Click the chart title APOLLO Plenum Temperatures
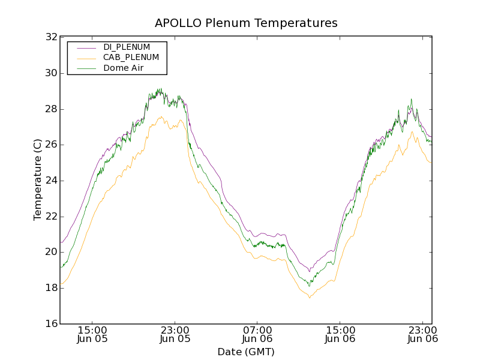coord(246,23)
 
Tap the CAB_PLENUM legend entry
coord(131,58)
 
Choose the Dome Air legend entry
coord(123,68)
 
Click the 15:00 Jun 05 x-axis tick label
coord(92,334)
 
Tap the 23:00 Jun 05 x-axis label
coord(175,334)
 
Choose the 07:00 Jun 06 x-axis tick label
coord(257,334)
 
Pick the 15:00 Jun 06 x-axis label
coord(340,334)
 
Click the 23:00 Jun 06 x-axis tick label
coord(423,334)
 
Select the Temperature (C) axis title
coord(38,180)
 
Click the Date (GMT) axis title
coord(246,352)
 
